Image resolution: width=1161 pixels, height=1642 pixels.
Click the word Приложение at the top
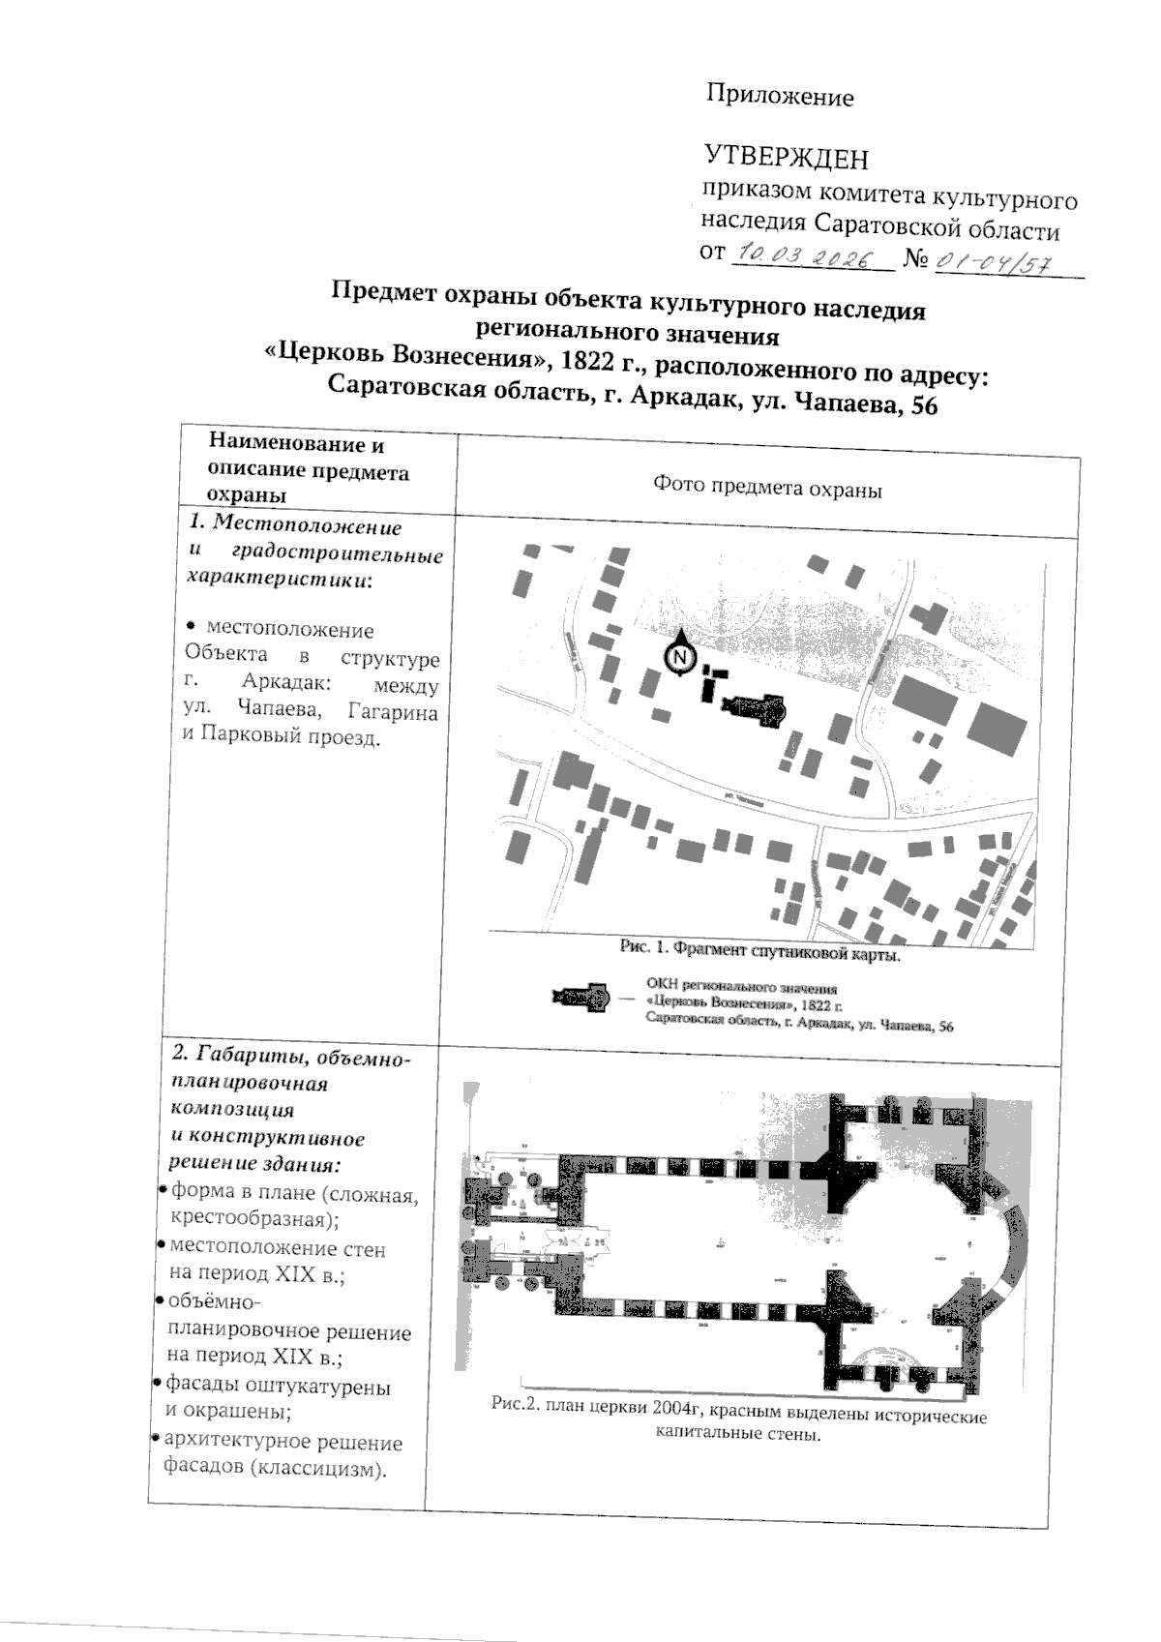(x=780, y=96)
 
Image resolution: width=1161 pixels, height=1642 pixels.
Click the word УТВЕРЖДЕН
(x=785, y=158)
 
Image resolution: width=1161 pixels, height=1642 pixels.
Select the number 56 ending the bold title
(x=923, y=406)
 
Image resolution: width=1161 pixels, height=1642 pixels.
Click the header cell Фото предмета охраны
(x=767, y=489)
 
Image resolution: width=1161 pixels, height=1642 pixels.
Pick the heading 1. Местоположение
(x=295, y=526)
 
